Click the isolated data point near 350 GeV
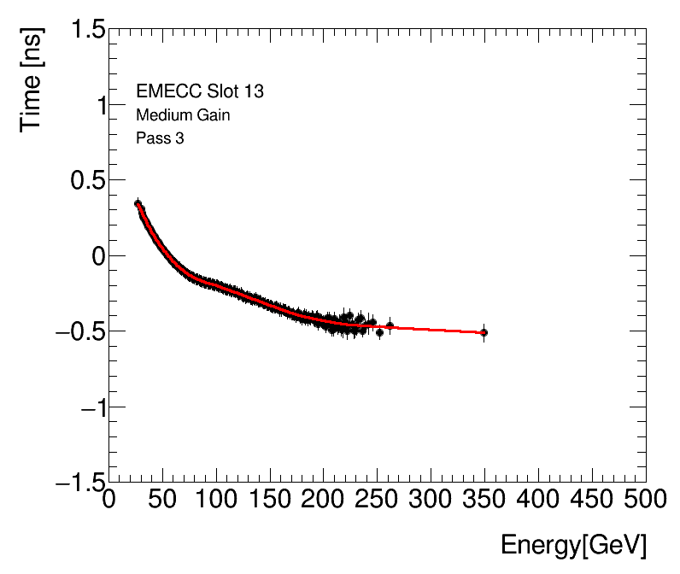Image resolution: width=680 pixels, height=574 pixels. pyautogui.click(x=484, y=332)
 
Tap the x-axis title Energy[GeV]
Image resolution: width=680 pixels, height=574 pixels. pyautogui.click(x=573, y=545)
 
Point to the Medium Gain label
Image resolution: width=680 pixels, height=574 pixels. pyautogui.click(x=183, y=115)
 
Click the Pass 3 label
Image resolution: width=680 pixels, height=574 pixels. pyautogui.click(x=160, y=138)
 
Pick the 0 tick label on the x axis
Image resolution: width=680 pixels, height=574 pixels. pyautogui.click(x=109, y=498)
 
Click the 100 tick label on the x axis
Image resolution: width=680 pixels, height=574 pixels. pyautogui.click(x=216, y=498)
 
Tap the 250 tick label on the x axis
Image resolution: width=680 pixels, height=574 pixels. pyautogui.click(x=377, y=498)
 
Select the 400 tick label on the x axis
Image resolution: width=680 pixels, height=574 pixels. pyautogui.click(x=538, y=498)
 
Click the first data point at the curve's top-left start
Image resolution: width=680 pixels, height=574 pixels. pyautogui.click(x=138, y=203)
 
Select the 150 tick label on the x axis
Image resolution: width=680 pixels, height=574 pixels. pyautogui.click(x=270, y=498)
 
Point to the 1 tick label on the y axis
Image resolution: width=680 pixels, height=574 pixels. pyautogui.click(x=95, y=106)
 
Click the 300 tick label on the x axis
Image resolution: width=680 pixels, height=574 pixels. pyautogui.click(x=431, y=498)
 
